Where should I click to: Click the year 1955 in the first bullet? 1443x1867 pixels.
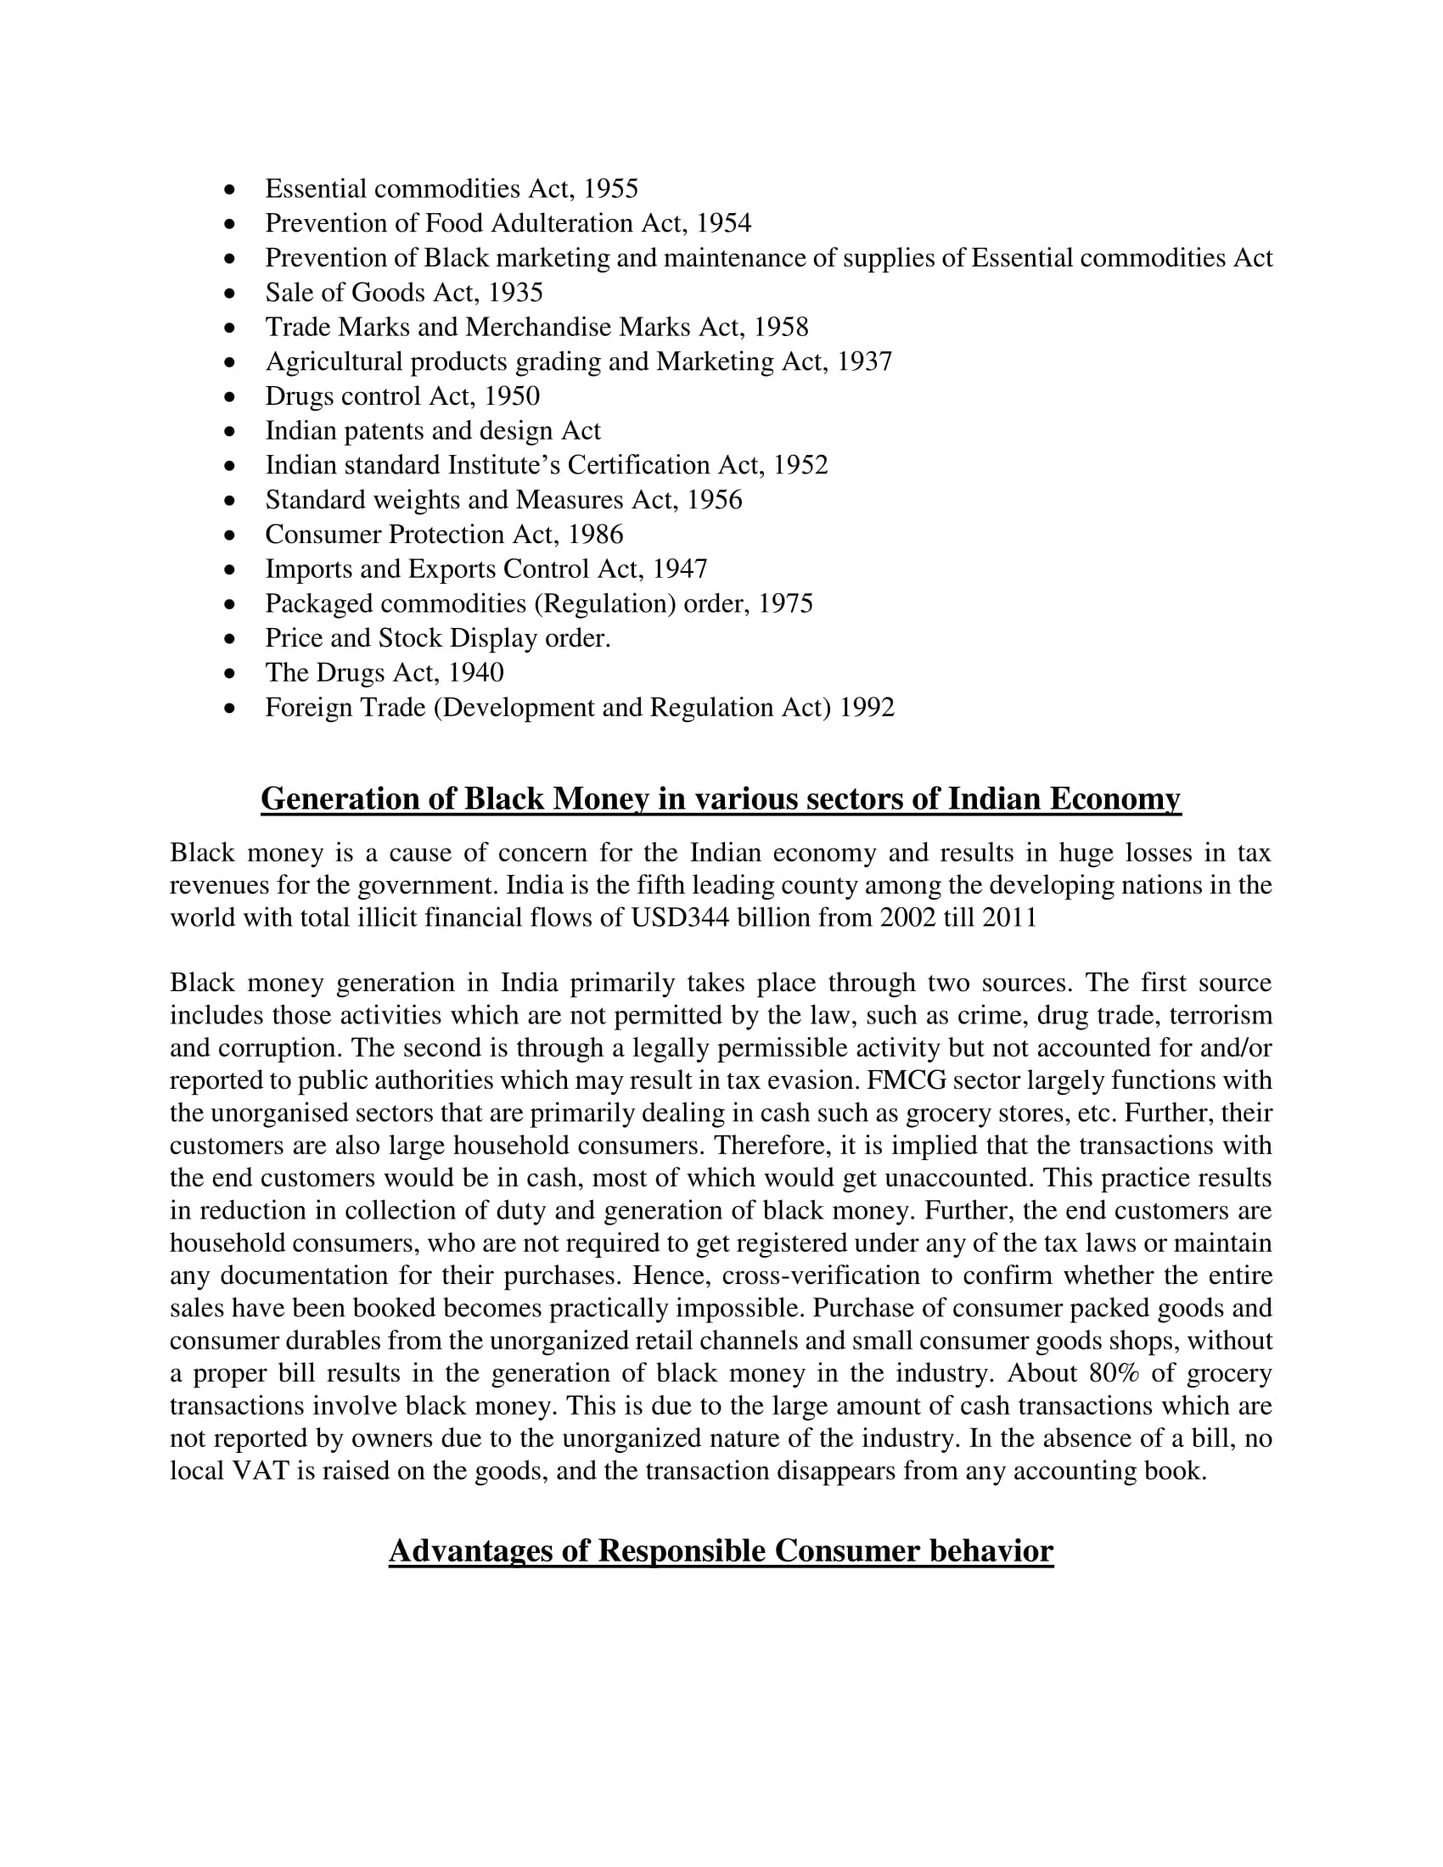(610, 189)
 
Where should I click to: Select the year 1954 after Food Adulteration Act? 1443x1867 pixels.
(723, 223)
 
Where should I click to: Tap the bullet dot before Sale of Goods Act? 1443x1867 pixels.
(229, 294)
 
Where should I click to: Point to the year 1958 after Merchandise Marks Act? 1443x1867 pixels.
(780, 328)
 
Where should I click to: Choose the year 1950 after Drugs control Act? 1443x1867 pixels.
(511, 396)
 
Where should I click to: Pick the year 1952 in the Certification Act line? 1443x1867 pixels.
(800, 465)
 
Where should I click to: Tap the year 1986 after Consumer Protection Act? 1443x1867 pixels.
(595, 535)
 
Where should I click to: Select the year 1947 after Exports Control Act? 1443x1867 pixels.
(680, 569)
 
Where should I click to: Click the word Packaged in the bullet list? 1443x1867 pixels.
(320, 603)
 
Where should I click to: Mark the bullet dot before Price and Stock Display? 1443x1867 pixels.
(229, 638)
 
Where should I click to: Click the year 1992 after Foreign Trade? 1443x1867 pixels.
(867, 708)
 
